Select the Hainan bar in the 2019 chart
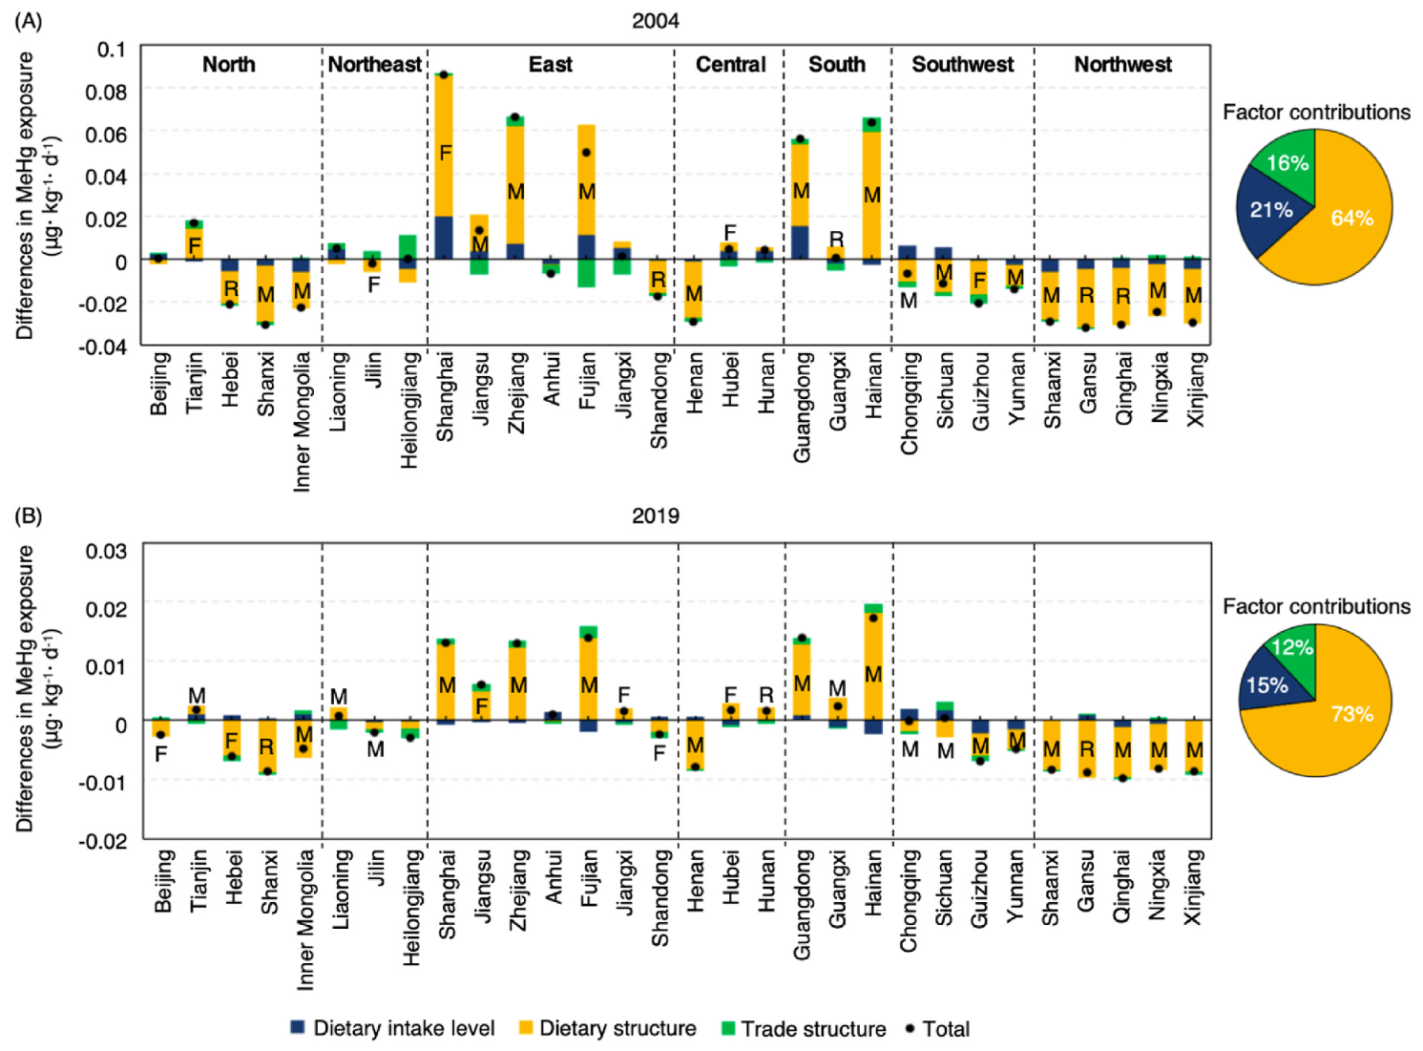(873, 668)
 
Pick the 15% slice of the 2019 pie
(1267, 685)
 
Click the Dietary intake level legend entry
(392, 1028)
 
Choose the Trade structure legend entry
(804, 1028)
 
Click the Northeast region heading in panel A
(374, 64)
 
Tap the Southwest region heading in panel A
(962, 64)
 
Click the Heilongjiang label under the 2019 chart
(411, 908)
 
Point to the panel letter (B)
(29, 515)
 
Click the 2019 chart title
(656, 515)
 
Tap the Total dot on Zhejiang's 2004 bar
(515, 117)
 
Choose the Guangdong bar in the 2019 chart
(802, 678)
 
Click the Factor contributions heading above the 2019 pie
(1316, 606)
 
